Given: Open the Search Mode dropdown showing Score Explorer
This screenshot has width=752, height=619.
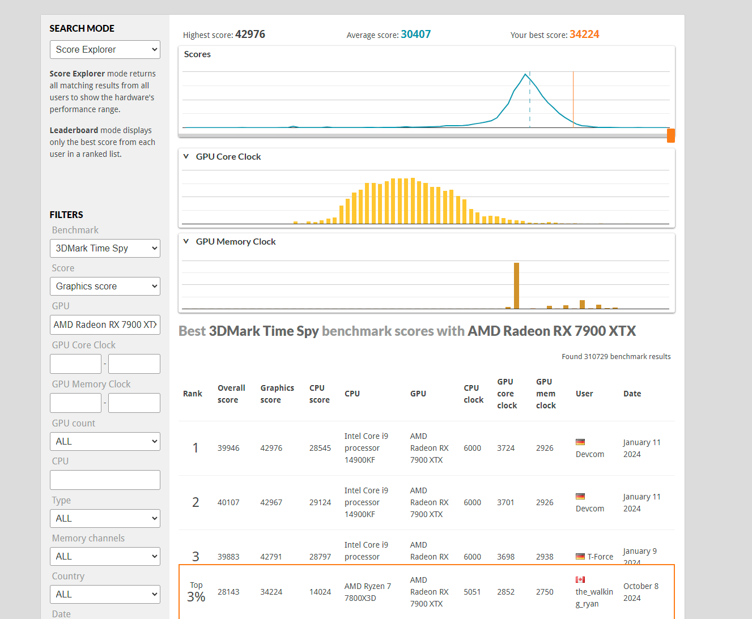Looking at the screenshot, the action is pyautogui.click(x=105, y=49).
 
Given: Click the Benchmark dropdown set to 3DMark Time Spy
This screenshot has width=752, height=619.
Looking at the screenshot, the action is pyautogui.click(x=105, y=248).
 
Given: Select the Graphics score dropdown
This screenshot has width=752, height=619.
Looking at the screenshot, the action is pyautogui.click(x=105, y=286).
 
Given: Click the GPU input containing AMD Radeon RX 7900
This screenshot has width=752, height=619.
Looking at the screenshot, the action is pyautogui.click(x=105, y=325).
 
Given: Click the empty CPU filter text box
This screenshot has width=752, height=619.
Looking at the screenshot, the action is pyautogui.click(x=105, y=480).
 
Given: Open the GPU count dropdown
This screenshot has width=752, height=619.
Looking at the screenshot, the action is pyautogui.click(x=105, y=441).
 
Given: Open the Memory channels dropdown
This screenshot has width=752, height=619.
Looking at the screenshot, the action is pyautogui.click(x=105, y=556).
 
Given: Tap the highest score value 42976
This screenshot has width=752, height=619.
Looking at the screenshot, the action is pyautogui.click(x=250, y=34).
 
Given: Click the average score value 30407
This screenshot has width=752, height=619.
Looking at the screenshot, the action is pyautogui.click(x=415, y=34).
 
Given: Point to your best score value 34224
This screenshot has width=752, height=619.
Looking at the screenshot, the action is pyautogui.click(x=584, y=34).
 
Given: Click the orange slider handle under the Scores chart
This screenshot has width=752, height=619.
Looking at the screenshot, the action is pyautogui.click(x=670, y=136).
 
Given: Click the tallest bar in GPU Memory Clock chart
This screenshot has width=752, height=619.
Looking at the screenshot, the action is pyautogui.click(x=516, y=286).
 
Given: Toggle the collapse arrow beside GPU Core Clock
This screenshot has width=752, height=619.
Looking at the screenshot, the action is pyautogui.click(x=186, y=156).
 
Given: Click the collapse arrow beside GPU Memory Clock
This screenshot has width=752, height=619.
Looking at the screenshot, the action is pyautogui.click(x=186, y=241).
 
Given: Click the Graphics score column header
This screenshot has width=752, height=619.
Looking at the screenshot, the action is pyautogui.click(x=277, y=394).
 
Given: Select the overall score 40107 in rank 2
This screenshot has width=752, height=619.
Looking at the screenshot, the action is pyautogui.click(x=228, y=502).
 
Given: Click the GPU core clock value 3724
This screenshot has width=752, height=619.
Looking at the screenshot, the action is pyautogui.click(x=505, y=448).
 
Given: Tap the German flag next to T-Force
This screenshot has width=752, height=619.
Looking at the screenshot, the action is pyautogui.click(x=580, y=556).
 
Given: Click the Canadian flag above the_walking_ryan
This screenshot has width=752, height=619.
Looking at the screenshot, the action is pyautogui.click(x=580, y=579).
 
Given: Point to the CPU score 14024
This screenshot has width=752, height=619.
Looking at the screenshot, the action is pyautogui.click(x=320, y=592).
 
